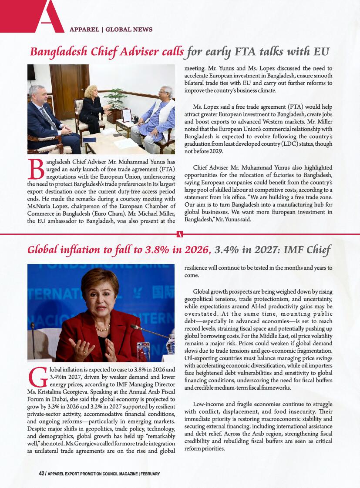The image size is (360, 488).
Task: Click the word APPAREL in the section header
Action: pyautogui.click(x=84, y=30)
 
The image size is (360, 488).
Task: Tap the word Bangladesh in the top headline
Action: pyautogui.click(x=55, y=52)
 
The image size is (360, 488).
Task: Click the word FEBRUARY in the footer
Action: pyautogui.click(x=150, y=474)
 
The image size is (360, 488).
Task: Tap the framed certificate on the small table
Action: pyautogui.click(x=126, y=115)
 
